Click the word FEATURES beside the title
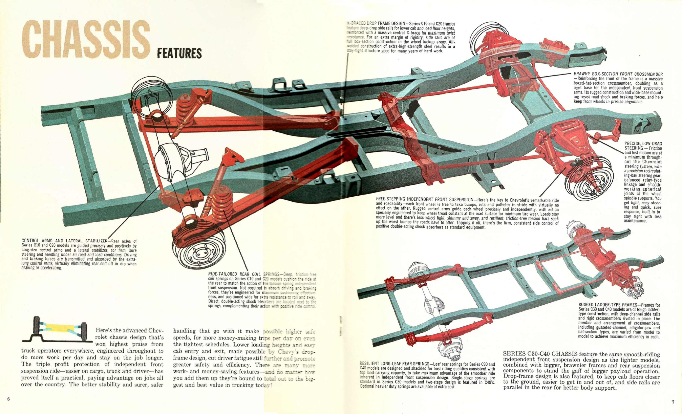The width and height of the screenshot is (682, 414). [x=179, y=53]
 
